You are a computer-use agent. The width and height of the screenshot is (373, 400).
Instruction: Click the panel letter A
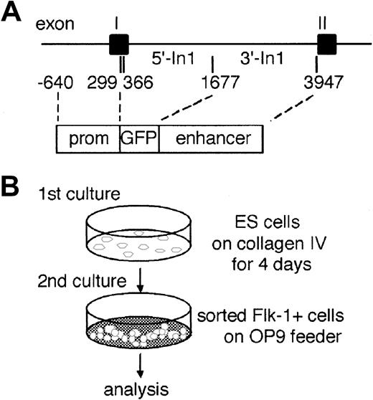pos(13,14)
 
